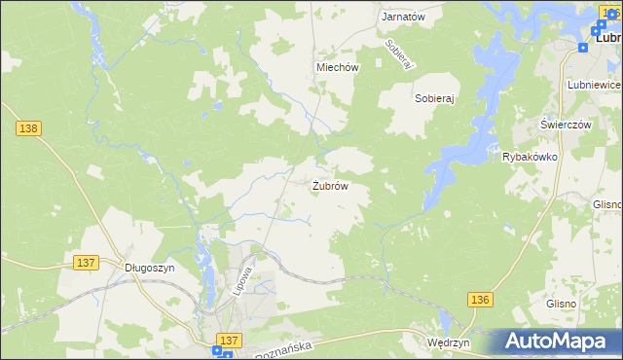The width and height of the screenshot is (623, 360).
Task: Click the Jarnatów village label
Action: (x=403, y=18)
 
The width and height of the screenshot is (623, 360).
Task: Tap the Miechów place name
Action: (x=338, y=67)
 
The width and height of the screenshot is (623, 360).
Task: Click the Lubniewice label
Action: (x=593, y=85)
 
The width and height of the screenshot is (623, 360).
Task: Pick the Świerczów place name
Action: (x=567, y=126)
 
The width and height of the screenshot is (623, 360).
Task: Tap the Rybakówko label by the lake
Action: (x=530, y=156)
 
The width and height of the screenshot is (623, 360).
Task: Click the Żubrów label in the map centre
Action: (x=330, y=185)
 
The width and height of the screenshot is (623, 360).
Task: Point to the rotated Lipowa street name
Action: (x=243, y=281)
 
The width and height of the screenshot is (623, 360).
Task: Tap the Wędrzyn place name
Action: (x=449, y=342)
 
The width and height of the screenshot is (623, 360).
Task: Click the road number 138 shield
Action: (x=27, y=128)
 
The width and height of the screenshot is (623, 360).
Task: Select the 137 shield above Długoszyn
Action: (x=86, y=263)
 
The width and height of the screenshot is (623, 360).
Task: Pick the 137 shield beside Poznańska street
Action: (x=229, y=339)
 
